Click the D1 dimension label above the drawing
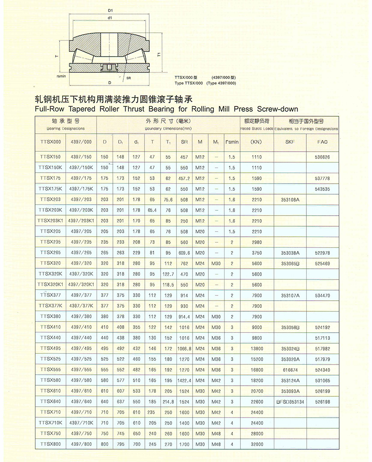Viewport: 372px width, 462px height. click(110, 9)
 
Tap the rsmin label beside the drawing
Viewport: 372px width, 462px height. click(61, 75)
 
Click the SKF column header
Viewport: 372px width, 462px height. click(290, 142)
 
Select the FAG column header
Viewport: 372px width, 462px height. click(322, 142)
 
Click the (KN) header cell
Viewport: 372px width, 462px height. click(256, 142)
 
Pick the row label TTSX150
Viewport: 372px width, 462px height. click(49, 157)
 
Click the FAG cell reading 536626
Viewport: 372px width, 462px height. click(322, 157)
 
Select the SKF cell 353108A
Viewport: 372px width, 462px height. click(290, 199)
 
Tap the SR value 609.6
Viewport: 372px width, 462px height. click(184, 253)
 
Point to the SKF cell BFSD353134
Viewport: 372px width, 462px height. click(290, 402)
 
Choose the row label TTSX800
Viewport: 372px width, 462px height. click(49, 444)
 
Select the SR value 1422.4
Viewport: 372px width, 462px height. click(184, 380)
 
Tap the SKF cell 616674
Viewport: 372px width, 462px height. click(290, 370)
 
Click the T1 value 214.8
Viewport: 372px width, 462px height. click(168, 402)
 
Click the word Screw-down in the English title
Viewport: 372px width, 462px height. click(277, 109)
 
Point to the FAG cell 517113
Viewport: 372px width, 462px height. click(322, 338)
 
